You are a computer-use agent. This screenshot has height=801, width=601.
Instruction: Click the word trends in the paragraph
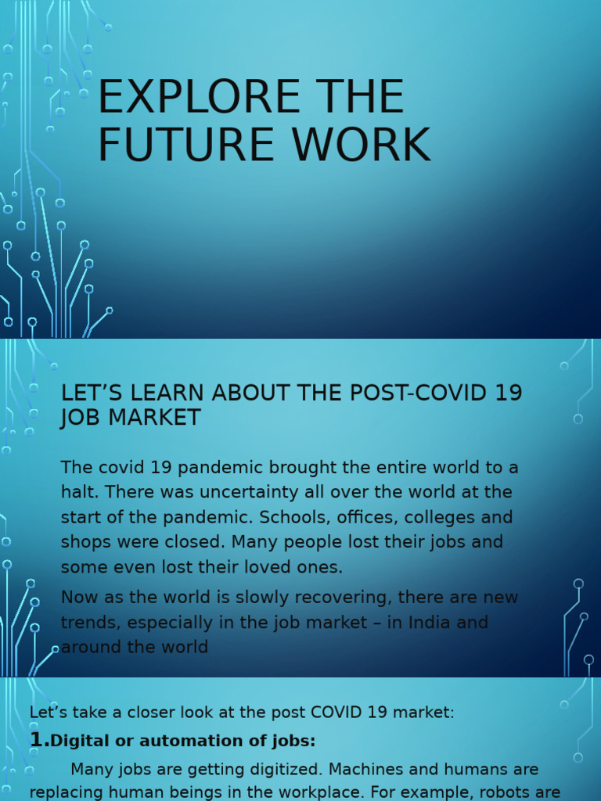(x=88, y=623)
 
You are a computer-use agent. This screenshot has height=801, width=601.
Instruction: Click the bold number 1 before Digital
(x=36, y=740)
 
